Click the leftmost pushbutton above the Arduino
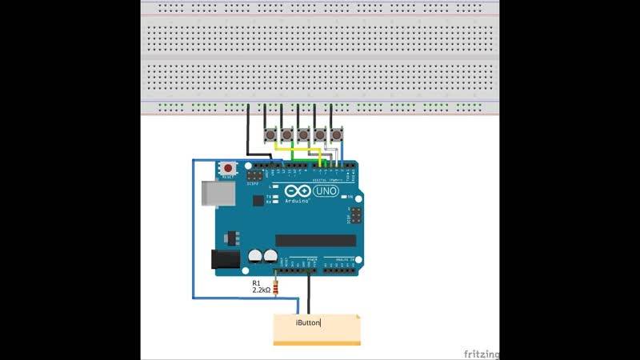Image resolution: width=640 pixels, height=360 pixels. coord(268,134)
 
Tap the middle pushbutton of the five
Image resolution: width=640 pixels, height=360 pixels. coord(303,134)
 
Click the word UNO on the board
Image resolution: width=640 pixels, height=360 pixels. coord(324,191)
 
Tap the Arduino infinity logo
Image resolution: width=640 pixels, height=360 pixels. coord(295,192)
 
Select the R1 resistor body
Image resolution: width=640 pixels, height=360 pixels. coord(276,287)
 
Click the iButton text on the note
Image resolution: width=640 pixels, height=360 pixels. coord(308,322)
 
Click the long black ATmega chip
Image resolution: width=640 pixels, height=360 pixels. coord(315,240)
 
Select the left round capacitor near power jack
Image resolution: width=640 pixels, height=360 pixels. coord(255,256)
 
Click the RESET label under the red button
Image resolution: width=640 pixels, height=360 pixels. coord(229,177)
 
